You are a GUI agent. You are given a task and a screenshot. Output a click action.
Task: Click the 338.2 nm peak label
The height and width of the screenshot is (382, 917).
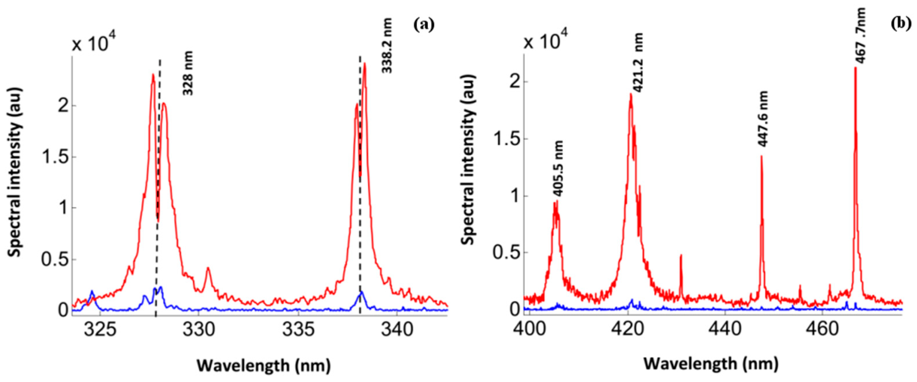click(x=387, y=46)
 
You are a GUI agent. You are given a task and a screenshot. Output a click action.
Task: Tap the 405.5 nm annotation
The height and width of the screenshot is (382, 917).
click(x=558, y=168)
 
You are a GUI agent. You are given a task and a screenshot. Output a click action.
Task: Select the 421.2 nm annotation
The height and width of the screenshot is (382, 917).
click(x=639, y=62)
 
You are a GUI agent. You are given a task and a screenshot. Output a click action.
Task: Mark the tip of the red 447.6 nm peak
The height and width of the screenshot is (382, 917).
click(x=761, y=156)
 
